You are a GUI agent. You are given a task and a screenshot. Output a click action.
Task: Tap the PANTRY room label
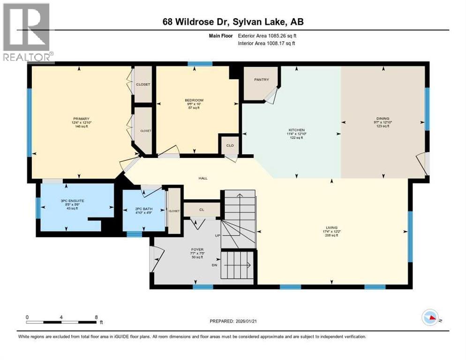[262, 80]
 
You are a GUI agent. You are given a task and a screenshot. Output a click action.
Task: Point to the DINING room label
[382, 119]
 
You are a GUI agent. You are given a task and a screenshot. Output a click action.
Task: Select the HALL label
[203, 178]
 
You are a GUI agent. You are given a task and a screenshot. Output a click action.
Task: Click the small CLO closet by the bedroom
[230, 145]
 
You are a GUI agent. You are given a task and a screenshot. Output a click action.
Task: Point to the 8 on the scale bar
[96, 317]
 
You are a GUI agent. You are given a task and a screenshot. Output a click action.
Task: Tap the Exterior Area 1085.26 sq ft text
[267, 36]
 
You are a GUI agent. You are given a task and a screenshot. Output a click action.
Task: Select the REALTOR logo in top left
[26, 32]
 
